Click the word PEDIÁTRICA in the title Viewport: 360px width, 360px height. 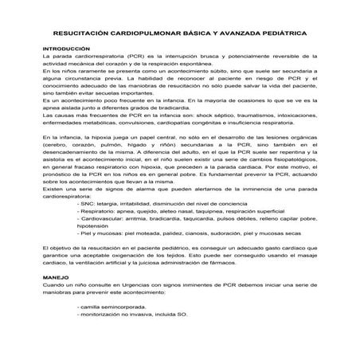pos(281,34)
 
